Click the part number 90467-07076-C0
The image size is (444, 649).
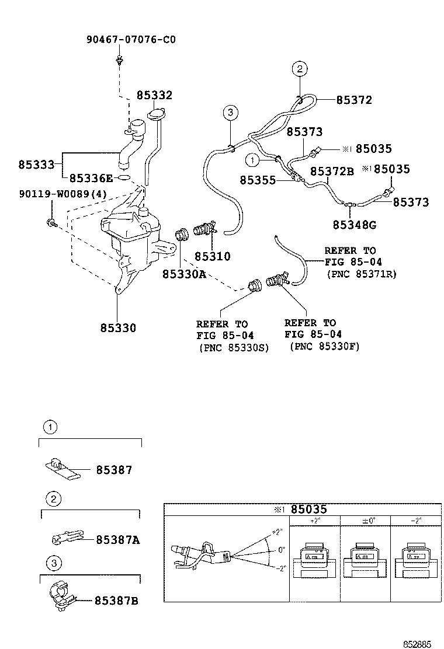(131, 40)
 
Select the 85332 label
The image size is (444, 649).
(154, 95)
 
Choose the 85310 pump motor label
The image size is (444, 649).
(212, 256)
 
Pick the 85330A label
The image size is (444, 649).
(184, 273)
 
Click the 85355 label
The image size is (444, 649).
(258, 180)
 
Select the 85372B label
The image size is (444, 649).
(332, 171)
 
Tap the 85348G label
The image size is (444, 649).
(355, 225)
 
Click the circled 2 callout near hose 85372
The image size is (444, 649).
(299, 69)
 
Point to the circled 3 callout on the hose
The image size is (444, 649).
(230, 112)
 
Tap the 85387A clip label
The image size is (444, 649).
(117, 540)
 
